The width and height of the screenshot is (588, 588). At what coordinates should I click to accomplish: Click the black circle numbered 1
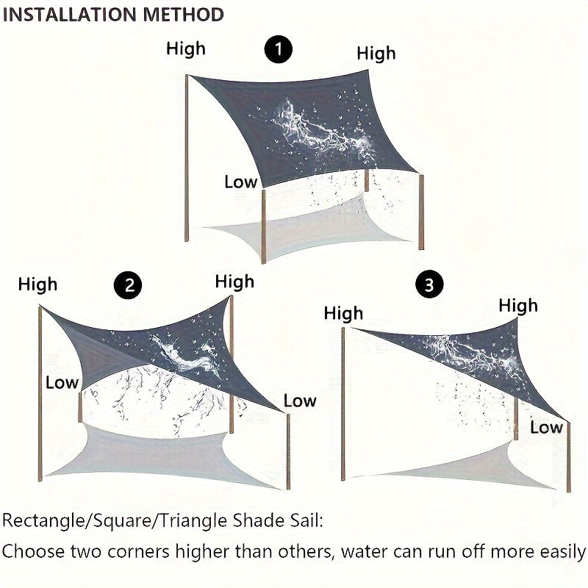point(278,50)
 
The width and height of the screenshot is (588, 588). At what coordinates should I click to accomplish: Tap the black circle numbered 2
point(129,285)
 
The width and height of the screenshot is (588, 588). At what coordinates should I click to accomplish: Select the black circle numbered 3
point(429,285)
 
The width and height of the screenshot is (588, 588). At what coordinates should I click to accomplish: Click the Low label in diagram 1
point(240,182)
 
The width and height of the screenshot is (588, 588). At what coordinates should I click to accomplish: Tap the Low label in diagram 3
point(546,427)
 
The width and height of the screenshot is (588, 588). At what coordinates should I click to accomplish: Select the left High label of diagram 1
point(186,49)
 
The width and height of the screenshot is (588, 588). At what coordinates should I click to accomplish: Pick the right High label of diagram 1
point(376,53)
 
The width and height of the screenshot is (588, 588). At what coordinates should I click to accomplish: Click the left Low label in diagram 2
point(61,382)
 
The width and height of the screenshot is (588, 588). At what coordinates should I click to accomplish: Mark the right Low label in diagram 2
point(300,401)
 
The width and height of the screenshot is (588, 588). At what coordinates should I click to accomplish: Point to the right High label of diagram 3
point(518,305)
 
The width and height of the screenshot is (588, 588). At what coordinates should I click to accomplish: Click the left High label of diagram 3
point(343,314)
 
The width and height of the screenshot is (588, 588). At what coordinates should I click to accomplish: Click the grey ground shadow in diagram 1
point(309,228)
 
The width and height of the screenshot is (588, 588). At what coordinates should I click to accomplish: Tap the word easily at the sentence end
point(562,551)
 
